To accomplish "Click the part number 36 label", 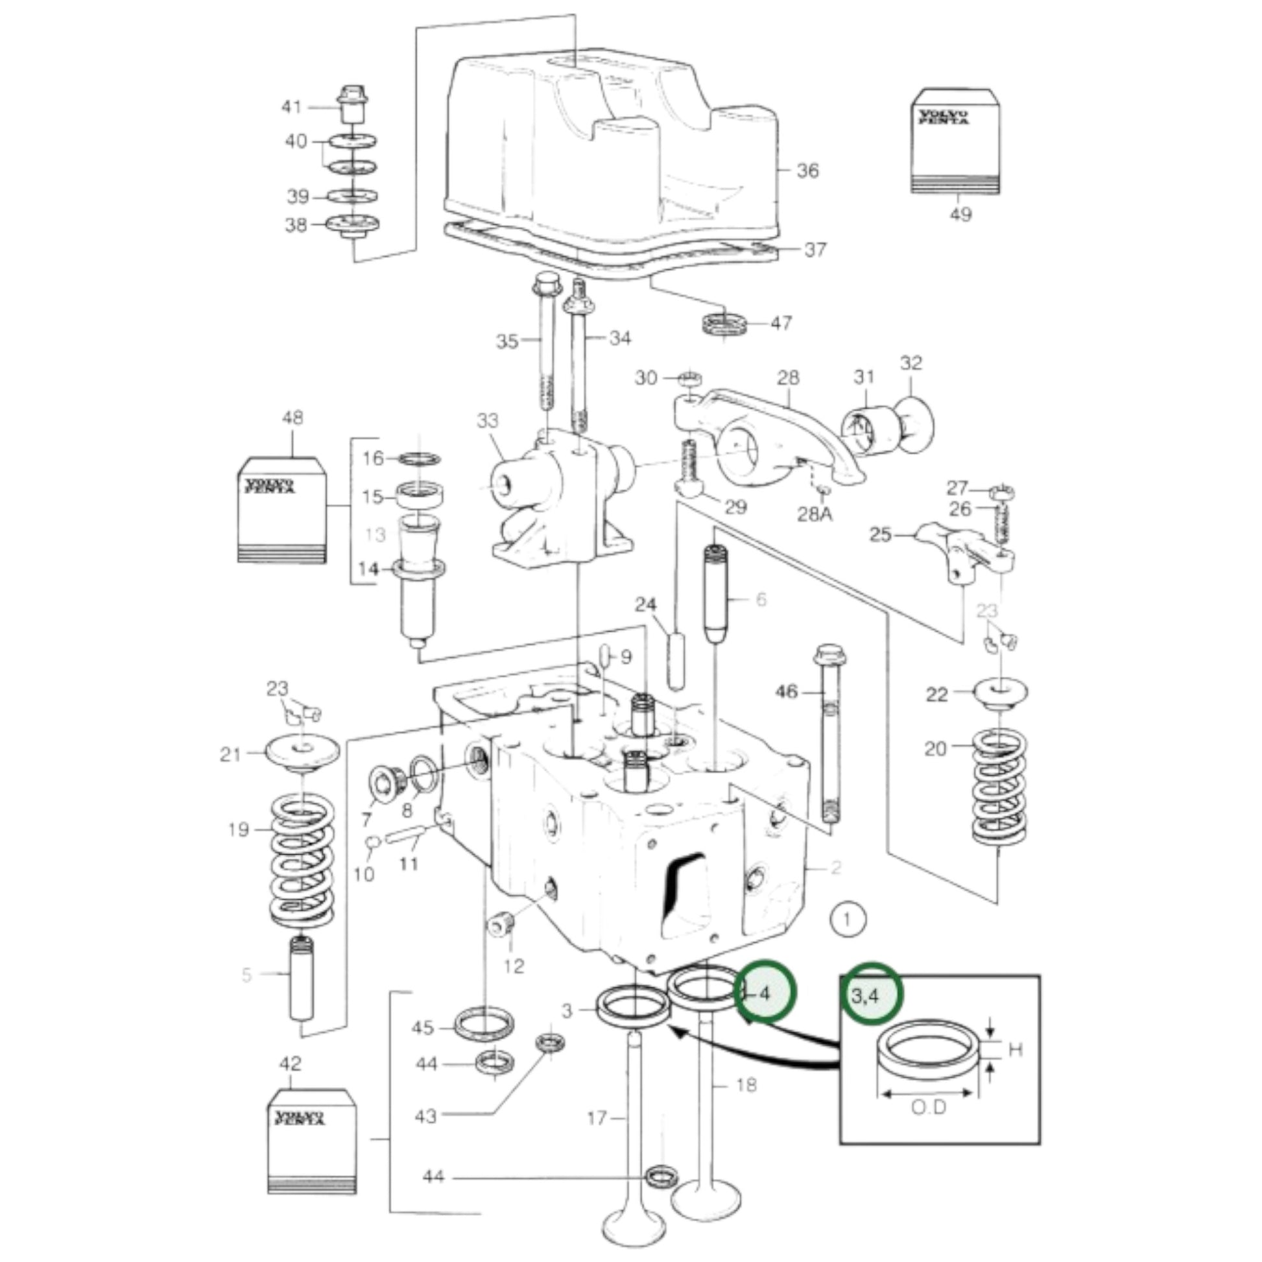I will tap(807, 171).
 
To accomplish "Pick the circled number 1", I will tap(847, 920).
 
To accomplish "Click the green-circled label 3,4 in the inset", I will tap(866, 997).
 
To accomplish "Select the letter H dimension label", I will tap(1015, 1051).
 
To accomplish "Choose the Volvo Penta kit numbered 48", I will tap(281, 510).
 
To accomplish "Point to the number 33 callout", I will tap(487, 421).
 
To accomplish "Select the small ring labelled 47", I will tap(724, 324).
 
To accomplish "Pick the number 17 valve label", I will tap(597, 1118).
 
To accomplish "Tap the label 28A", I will tap(815, 515).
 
